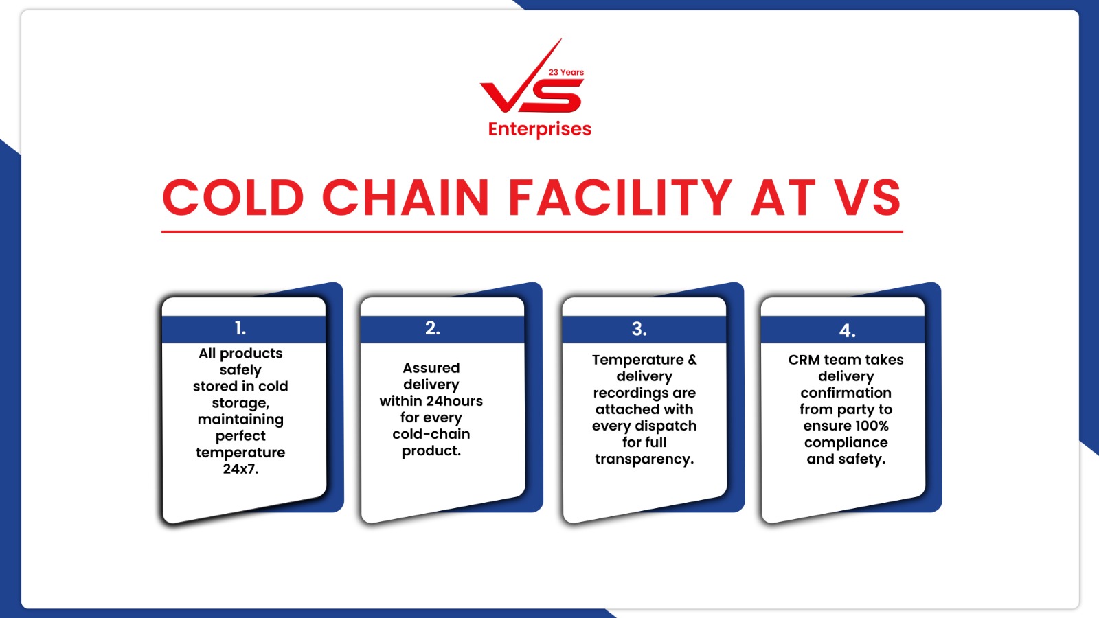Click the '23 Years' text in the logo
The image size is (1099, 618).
pyautogui.click(x=566, y=72)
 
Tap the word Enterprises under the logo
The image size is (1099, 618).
pyautogui.click(x=540, y=129)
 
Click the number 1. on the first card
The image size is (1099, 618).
pyautogui.click(x=240, y=328)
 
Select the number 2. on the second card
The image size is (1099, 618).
pyautogui.click(x=432, y=328)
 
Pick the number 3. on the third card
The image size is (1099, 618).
pyautogui.click(x=639, y=329)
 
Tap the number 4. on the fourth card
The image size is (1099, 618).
pyautogui.click(x=848, y=330)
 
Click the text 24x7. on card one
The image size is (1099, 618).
pyautogui.click(x=240, y=469)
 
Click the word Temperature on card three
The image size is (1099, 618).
pyautogui.click(x=638, y=360)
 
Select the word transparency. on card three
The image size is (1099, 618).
pyautogui.click(x=644, y=459)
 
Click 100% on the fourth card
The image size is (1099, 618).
pyautogui.click(x=872, y=426)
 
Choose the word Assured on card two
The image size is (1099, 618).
pyautogui.click(x=431, y=368)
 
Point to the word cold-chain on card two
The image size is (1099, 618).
pyautogui.click(x=431, y=434)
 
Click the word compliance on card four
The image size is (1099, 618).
pyautogui.click(x=846, y=442)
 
